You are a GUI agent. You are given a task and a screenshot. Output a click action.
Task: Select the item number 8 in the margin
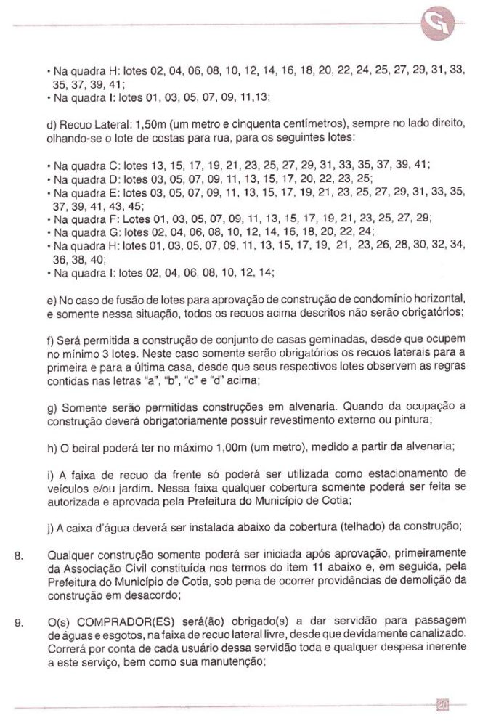coord(20,558)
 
